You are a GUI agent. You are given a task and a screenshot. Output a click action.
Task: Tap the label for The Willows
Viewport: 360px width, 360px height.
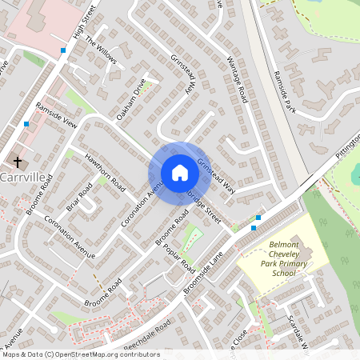point(102,52)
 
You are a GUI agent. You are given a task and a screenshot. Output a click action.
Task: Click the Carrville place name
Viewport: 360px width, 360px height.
point(24,176)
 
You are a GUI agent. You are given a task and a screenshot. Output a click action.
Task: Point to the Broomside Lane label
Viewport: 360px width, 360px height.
point(205,270)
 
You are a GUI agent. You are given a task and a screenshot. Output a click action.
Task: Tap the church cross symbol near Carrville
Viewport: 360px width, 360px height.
point(17,162)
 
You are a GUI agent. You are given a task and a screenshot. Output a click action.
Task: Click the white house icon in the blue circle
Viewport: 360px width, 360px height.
point(180,173)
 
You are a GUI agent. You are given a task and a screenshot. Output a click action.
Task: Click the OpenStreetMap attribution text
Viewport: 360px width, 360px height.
point(80,354)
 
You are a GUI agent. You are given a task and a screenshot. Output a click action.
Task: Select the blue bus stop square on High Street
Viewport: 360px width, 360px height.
point(63,50)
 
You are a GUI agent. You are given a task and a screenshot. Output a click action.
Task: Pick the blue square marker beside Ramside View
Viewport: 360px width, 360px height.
point(26,124)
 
